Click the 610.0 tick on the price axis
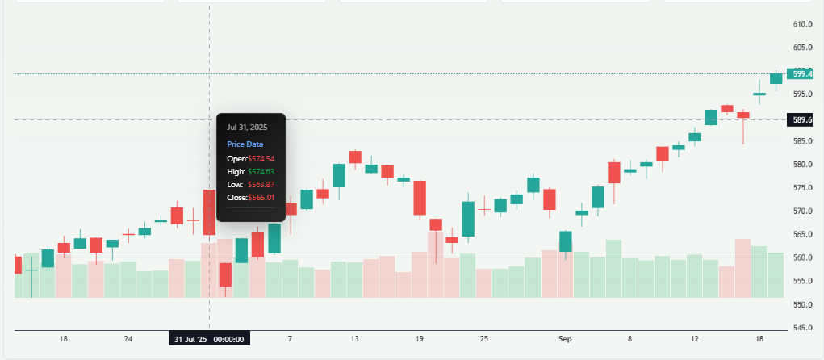[x=801, y=24]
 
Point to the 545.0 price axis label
[x=801, y=328]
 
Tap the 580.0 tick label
[x=801, y=165]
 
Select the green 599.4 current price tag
[x=801, y=74]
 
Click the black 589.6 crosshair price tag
[x=801, y=120]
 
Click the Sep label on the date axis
[x=565, y=339]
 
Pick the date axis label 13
[x=354, y=339]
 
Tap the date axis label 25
[x=483, y=339]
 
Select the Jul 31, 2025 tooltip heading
[x=247, y=127]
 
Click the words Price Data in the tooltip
[x=245, y=144]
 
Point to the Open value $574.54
[x=261, y=158]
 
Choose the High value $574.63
[x=261, y=171]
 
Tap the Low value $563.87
[x=261, y=184]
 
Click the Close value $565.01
[x=261, y=197]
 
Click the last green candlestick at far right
[x=776, y=78]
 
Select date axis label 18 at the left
[x=64, y=339]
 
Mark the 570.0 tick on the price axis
[x=801, y=211]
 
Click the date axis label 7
[x=290, y=339]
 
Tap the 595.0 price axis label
[x=801, y=94]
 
